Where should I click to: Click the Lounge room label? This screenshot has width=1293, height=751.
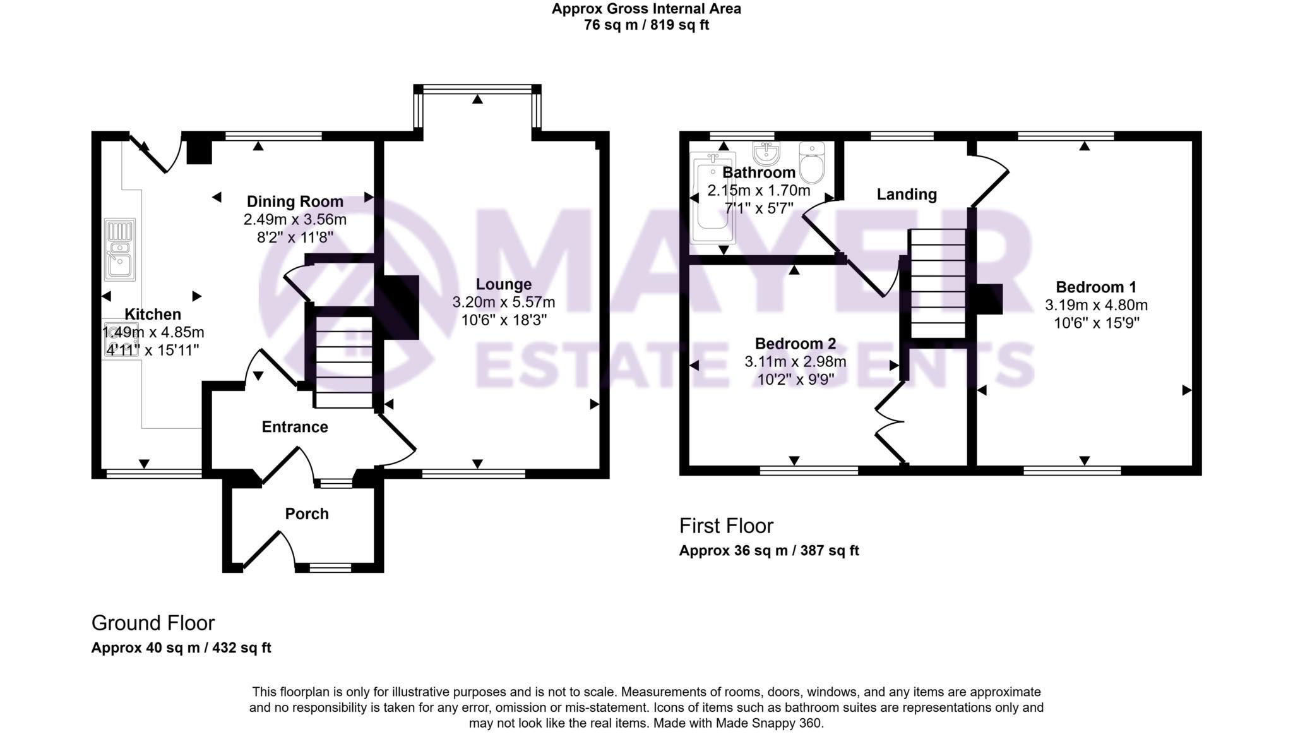coord(503,284)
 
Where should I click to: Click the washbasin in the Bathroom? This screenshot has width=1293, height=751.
coord(766,153)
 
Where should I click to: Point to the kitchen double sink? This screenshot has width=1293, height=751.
coord(120,249)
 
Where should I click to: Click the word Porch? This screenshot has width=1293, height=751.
coord(307,514)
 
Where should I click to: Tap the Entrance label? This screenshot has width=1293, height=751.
coord(295,427)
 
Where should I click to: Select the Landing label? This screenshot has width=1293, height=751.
coord(906,194)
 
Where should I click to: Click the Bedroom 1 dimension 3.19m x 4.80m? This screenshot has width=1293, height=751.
coord(1096,305)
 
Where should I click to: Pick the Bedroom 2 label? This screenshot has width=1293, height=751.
coord(795,344)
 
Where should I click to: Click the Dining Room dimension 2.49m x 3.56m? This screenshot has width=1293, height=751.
coord(295,220)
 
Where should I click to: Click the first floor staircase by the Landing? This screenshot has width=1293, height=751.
coord(938,284)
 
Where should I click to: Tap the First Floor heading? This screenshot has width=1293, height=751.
coord(725,526)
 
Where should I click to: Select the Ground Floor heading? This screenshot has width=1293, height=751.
coord(153,623)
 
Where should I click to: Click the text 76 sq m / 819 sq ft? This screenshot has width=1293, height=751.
coord(646,25)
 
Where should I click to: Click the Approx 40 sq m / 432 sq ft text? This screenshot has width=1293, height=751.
coord(181,648)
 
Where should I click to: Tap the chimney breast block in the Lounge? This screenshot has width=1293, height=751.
coord(400,308)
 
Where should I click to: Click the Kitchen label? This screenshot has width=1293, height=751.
coord(152,314)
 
